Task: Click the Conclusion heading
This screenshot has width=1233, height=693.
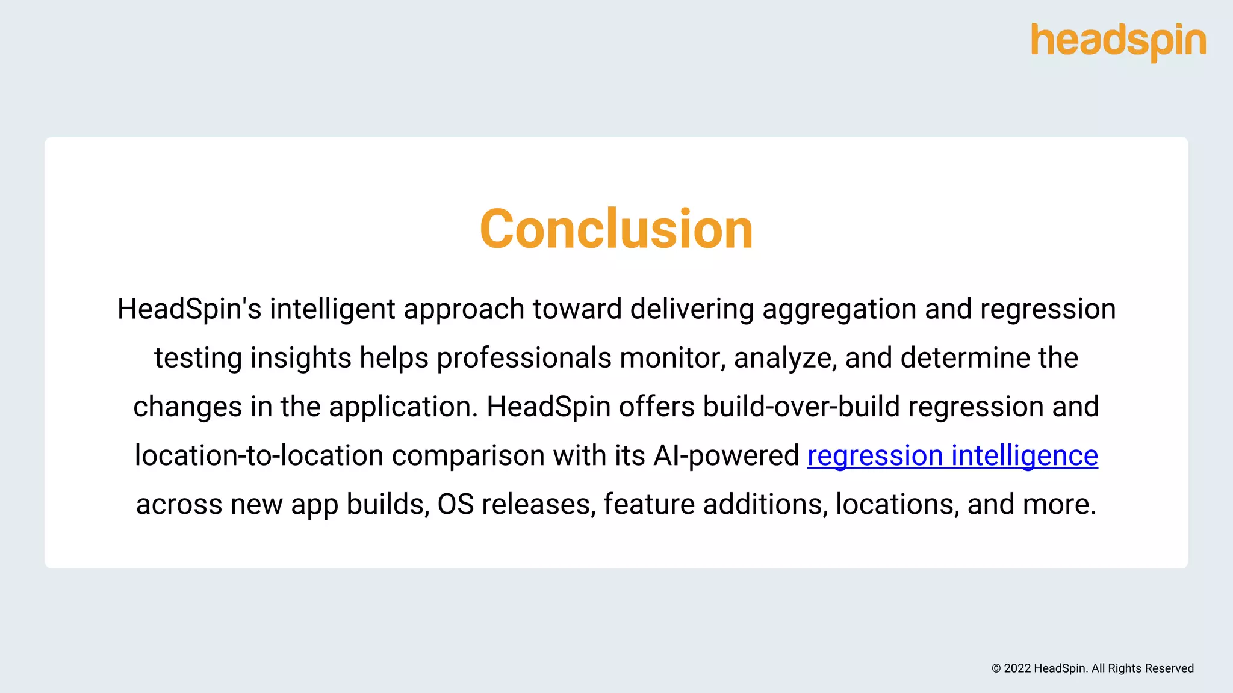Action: tap(616, 229)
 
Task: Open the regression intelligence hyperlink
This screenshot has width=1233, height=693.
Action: tap(952, 455)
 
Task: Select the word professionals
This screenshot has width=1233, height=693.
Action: tap(524, 358)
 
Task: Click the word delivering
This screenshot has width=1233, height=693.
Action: tap(692, 309)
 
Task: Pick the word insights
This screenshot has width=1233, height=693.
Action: tap(301, 358)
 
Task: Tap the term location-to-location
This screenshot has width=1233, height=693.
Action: tap(259, 455)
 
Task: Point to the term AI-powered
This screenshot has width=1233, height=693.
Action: tap(726, 455)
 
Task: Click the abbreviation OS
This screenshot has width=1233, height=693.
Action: tap(456, 504)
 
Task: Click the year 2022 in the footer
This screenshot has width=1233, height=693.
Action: tap(1017, 668)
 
